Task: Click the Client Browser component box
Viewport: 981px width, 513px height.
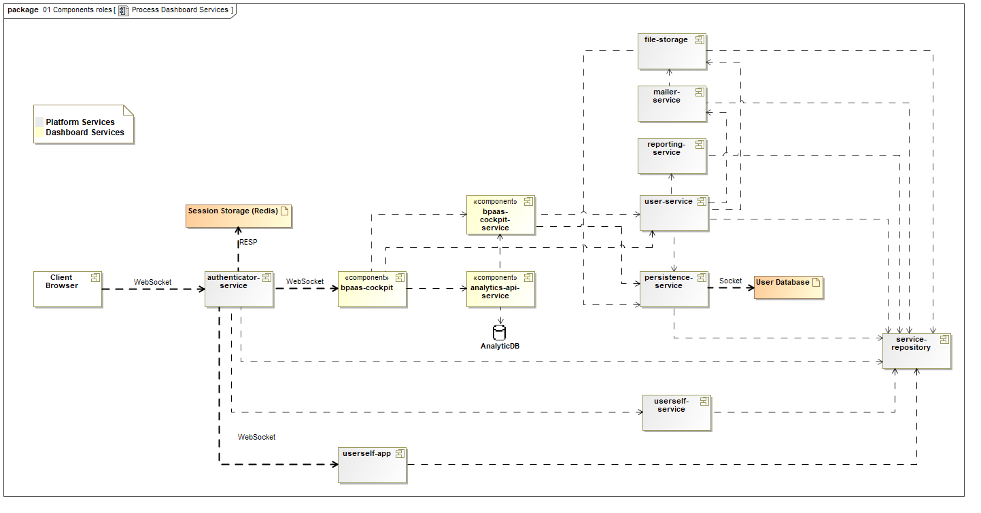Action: [x=67, y=289]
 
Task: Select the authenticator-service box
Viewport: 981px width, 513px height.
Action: [x=239, y=289]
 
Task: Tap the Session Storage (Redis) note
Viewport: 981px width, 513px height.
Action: [x=239, y=215]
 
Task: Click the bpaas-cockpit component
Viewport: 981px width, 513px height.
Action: [x=372, y=289]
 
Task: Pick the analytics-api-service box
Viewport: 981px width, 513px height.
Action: [x=500, y=289]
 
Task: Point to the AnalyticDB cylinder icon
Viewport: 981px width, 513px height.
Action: [x=500, y=332]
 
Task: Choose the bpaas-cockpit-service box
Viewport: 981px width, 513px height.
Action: [x=500, y=215]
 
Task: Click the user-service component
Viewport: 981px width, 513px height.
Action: [x=674, y=212]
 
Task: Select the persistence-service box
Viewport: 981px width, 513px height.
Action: [x=674, y=289]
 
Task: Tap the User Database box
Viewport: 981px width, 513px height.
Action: [x=788, y=287]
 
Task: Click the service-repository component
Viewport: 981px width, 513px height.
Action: [x=916, y=351]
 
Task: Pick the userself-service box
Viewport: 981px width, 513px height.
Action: [x=676, y=412]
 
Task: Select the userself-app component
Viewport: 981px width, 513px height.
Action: [x=372, y=464]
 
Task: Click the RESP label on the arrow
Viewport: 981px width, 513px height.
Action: [x=248, y=242]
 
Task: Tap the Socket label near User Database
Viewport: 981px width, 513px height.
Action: [x=731, y=281]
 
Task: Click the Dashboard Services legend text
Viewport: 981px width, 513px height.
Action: [x=85, y=132]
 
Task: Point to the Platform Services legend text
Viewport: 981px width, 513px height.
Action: [x=80, y=122]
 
